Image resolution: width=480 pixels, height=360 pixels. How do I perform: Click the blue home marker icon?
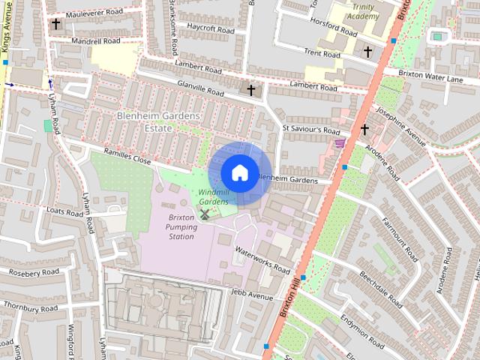coord(238,172)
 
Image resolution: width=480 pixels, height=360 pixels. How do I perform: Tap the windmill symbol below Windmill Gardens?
coord(204,214)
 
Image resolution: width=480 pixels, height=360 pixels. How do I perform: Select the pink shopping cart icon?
coord(340,142)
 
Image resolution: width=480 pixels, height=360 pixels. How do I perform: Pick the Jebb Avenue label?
coord(253,295)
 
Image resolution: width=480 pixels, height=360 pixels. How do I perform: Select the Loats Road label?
coord(64,212)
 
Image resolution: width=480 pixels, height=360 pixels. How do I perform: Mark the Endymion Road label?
coord(364,328)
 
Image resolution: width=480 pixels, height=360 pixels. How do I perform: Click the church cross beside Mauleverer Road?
coord(56,24)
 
